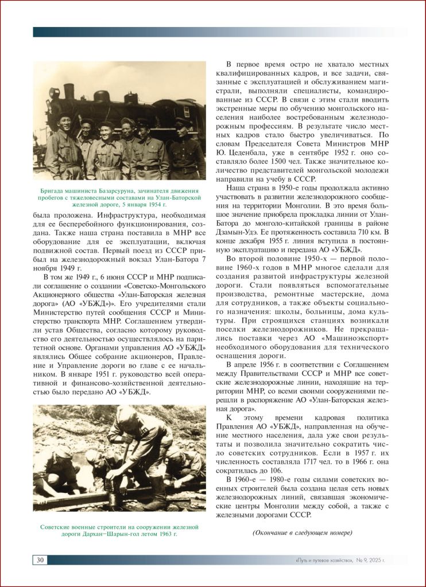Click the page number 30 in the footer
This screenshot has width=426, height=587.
[x=40, y=560]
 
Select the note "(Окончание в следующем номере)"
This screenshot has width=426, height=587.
[x=302, y=533]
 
